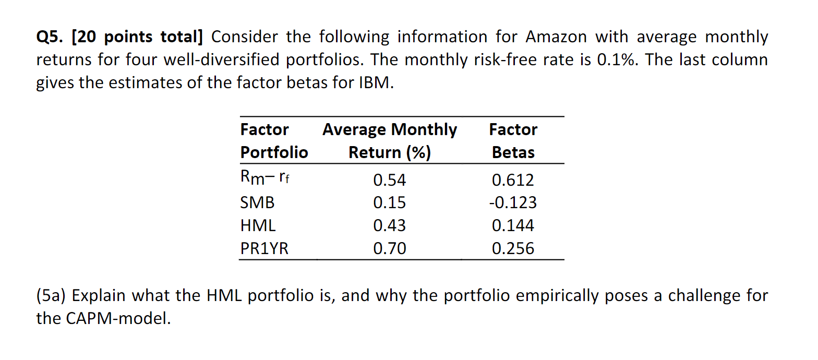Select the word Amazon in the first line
pos(556,38)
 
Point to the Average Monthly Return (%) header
pos(389,141)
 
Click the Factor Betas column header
pos(513,141)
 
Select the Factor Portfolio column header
pos(274,141)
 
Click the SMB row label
pos(257,202)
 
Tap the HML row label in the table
pos(258,225)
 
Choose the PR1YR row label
pos(264,248)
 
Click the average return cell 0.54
pos(389,180)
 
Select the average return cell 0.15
pos(389,202)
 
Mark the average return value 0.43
pos(389,225)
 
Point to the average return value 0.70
pos(389,248)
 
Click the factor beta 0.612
pos(513,180)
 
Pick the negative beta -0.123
pos(513,202)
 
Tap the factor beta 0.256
pos(513,248)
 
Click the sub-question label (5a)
pos(52,296)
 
